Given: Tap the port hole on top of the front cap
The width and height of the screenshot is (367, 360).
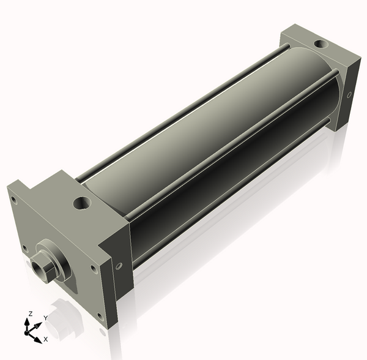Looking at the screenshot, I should pyautogui.click(x=81, y=201).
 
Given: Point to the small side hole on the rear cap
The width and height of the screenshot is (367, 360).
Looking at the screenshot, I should pyautogui.click(x=349, y=95).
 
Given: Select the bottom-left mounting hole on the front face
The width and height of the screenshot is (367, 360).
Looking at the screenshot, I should pyautogui.click(x=24, y=248).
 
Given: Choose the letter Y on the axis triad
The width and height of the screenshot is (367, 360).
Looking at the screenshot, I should pyautogui.click(x=46, y=318).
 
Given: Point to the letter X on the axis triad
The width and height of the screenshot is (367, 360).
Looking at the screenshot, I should pyautogui.click(x=46, y=339).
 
